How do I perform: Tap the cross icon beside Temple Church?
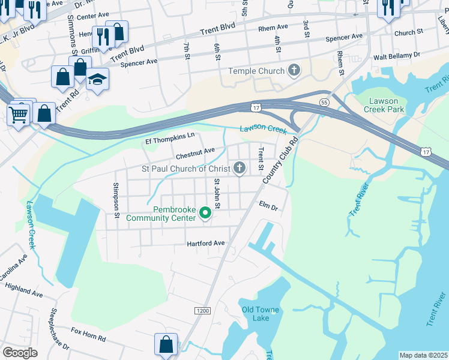pyautogui.click(x=294, y=71)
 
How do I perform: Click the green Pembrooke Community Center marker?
pyautogui.click(x=205, y=213)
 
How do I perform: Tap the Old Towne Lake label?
pyautogui.click(x=260, y=314)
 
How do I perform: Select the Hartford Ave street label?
pyautogui.click(x=205, y=244)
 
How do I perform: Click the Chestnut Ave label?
pyautogui.click(x=195, y=153)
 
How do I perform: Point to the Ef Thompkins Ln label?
pyautogui.click(x=170, y=139)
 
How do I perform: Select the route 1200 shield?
pyautogui.click(x=203, y=310)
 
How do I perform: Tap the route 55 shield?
pyautogui.click(x=324, y=103)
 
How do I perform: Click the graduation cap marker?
pyautogui.click(x=97, y=79)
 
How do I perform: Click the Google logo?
pyautogui.click(x=20, y=352)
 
